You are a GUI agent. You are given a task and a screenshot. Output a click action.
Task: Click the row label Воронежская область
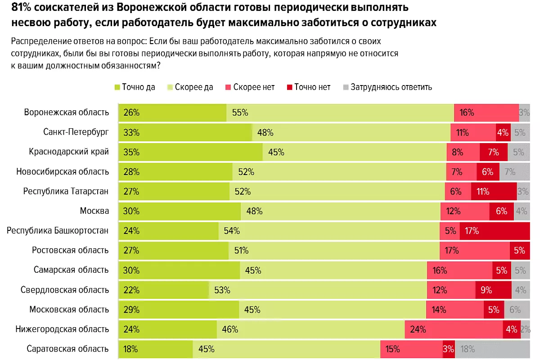click(67, 112)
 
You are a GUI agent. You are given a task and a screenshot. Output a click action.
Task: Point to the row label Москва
click(94, 211)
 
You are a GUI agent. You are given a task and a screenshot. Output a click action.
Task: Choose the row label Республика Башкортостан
click(58, 231)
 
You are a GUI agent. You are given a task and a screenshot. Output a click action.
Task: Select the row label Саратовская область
click(67, 349)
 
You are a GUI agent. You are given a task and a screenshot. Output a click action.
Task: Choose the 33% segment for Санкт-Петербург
click(185, 132)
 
